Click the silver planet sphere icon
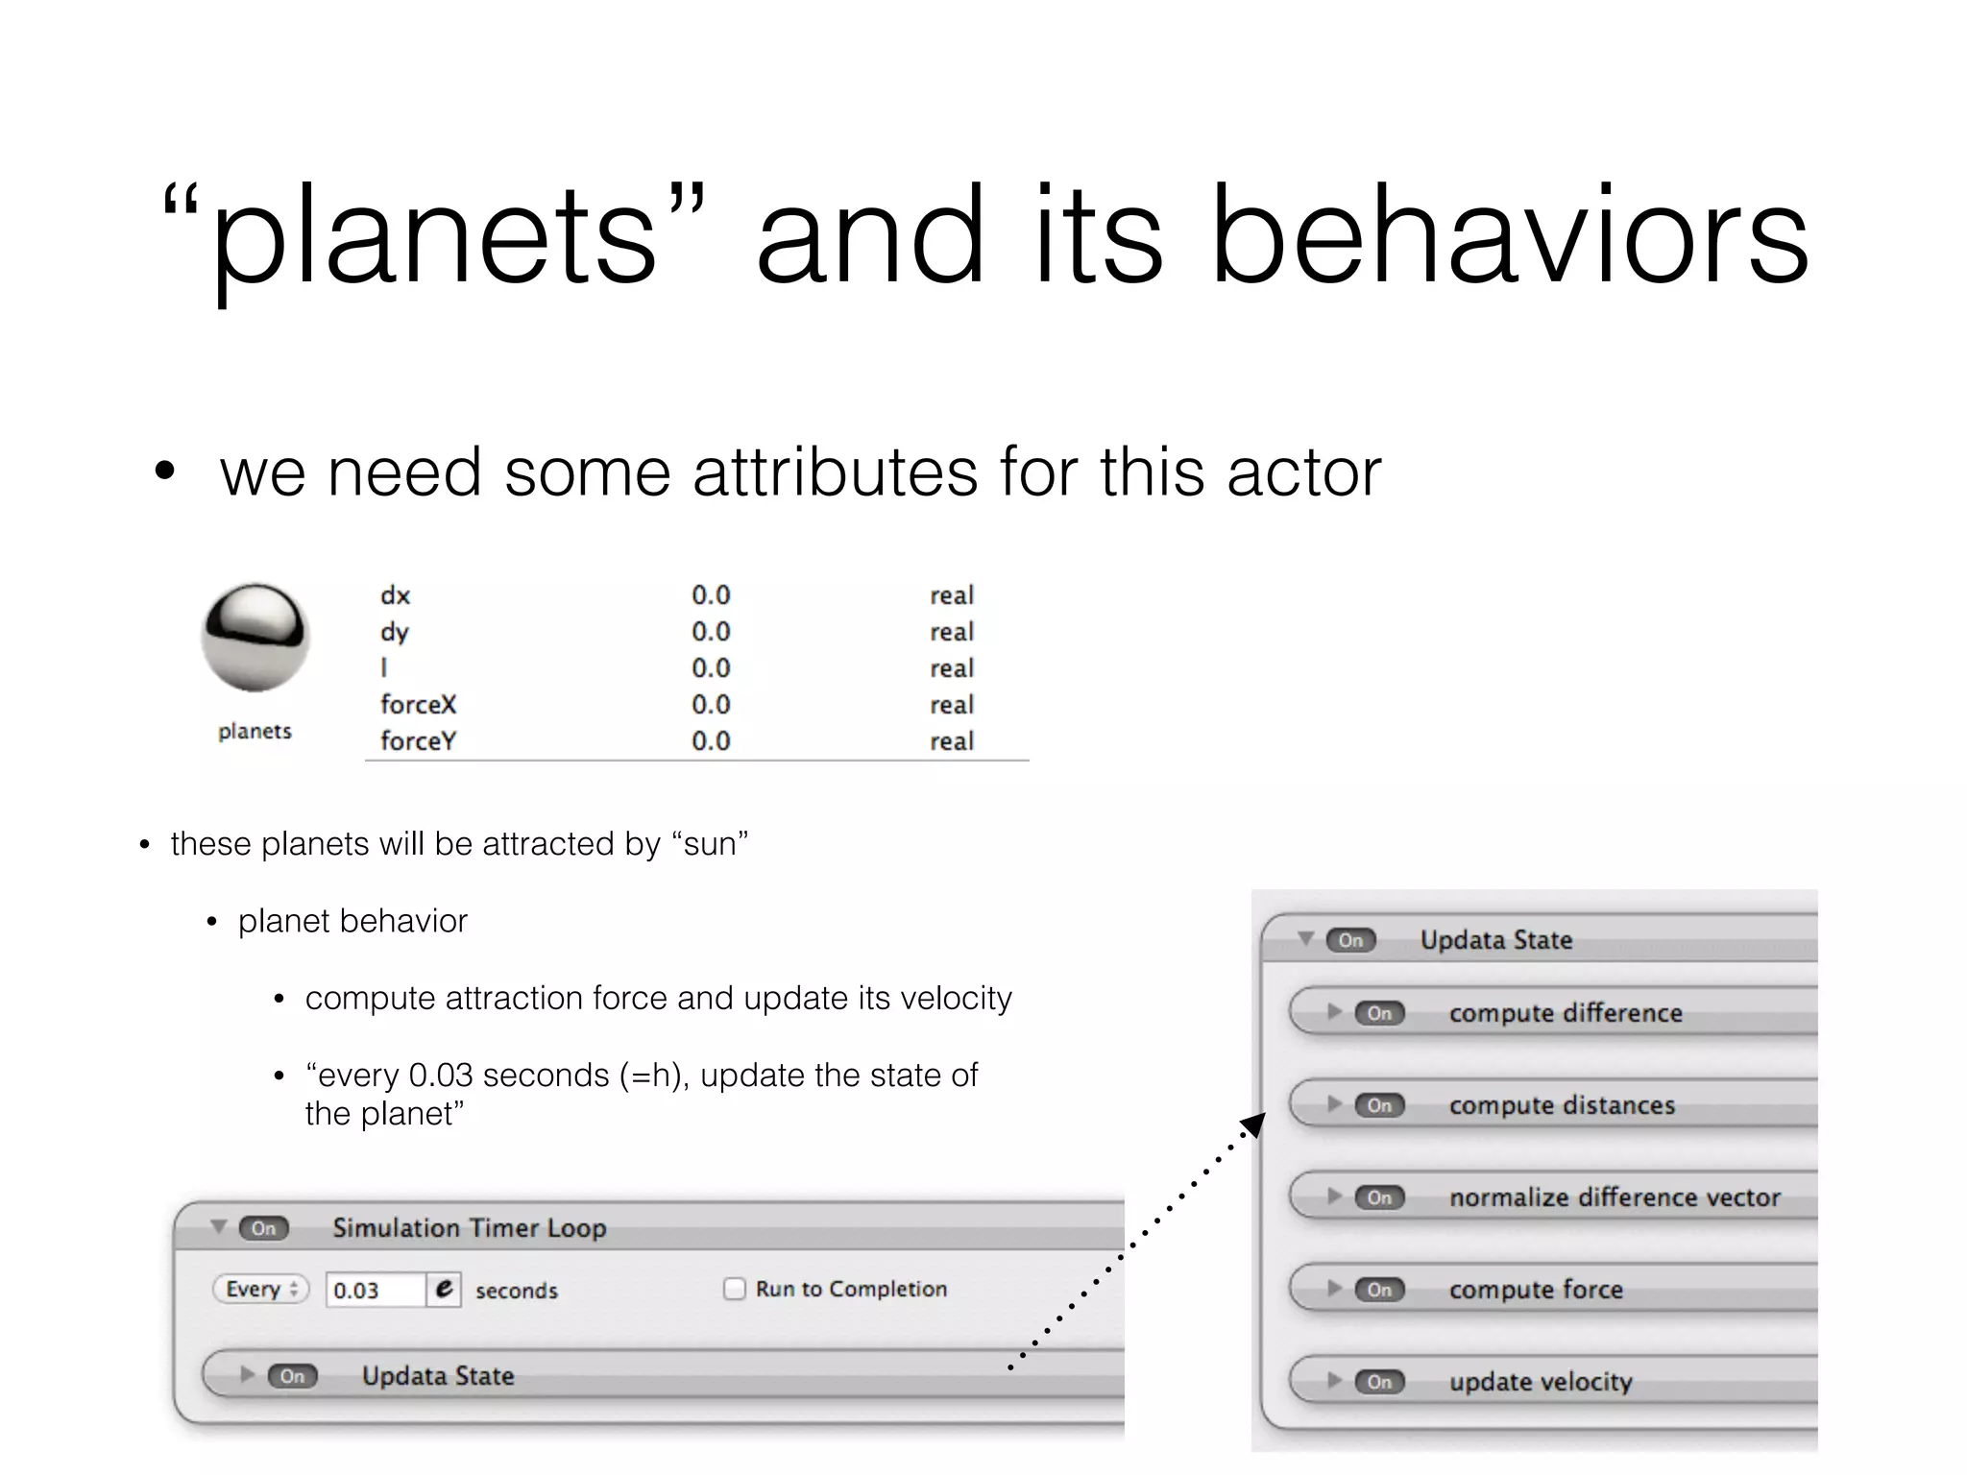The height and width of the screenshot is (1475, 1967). coord(255,637)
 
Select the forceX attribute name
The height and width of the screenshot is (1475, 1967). coord(418,705)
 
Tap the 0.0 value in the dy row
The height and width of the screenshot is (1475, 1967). coord(711,632)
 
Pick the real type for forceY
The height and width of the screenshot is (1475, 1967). coord(952,741)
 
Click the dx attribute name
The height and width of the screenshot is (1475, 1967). coord(395,595)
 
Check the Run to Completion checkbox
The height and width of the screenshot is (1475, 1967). coord(735,1289)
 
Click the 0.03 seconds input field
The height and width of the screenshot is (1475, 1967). coord(375,1290)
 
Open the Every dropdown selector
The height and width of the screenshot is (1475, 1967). coord(261,1289)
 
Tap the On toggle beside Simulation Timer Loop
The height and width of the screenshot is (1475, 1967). coord(263,1228)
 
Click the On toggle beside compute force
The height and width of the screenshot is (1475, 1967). coord(1379,1290)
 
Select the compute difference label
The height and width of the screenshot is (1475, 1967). coord(1566,1013)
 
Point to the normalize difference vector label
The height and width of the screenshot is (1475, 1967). coord(1615,1197)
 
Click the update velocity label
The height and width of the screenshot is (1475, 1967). coord(1541,1382)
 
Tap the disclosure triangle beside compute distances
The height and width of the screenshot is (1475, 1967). coord(1334,1104)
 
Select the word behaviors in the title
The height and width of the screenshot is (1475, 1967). coord(1510,236)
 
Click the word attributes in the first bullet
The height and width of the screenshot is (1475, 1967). coord(835,472)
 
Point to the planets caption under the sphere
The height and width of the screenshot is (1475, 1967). coord(255,732)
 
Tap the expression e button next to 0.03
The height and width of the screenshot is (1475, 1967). coord(444,1289)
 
